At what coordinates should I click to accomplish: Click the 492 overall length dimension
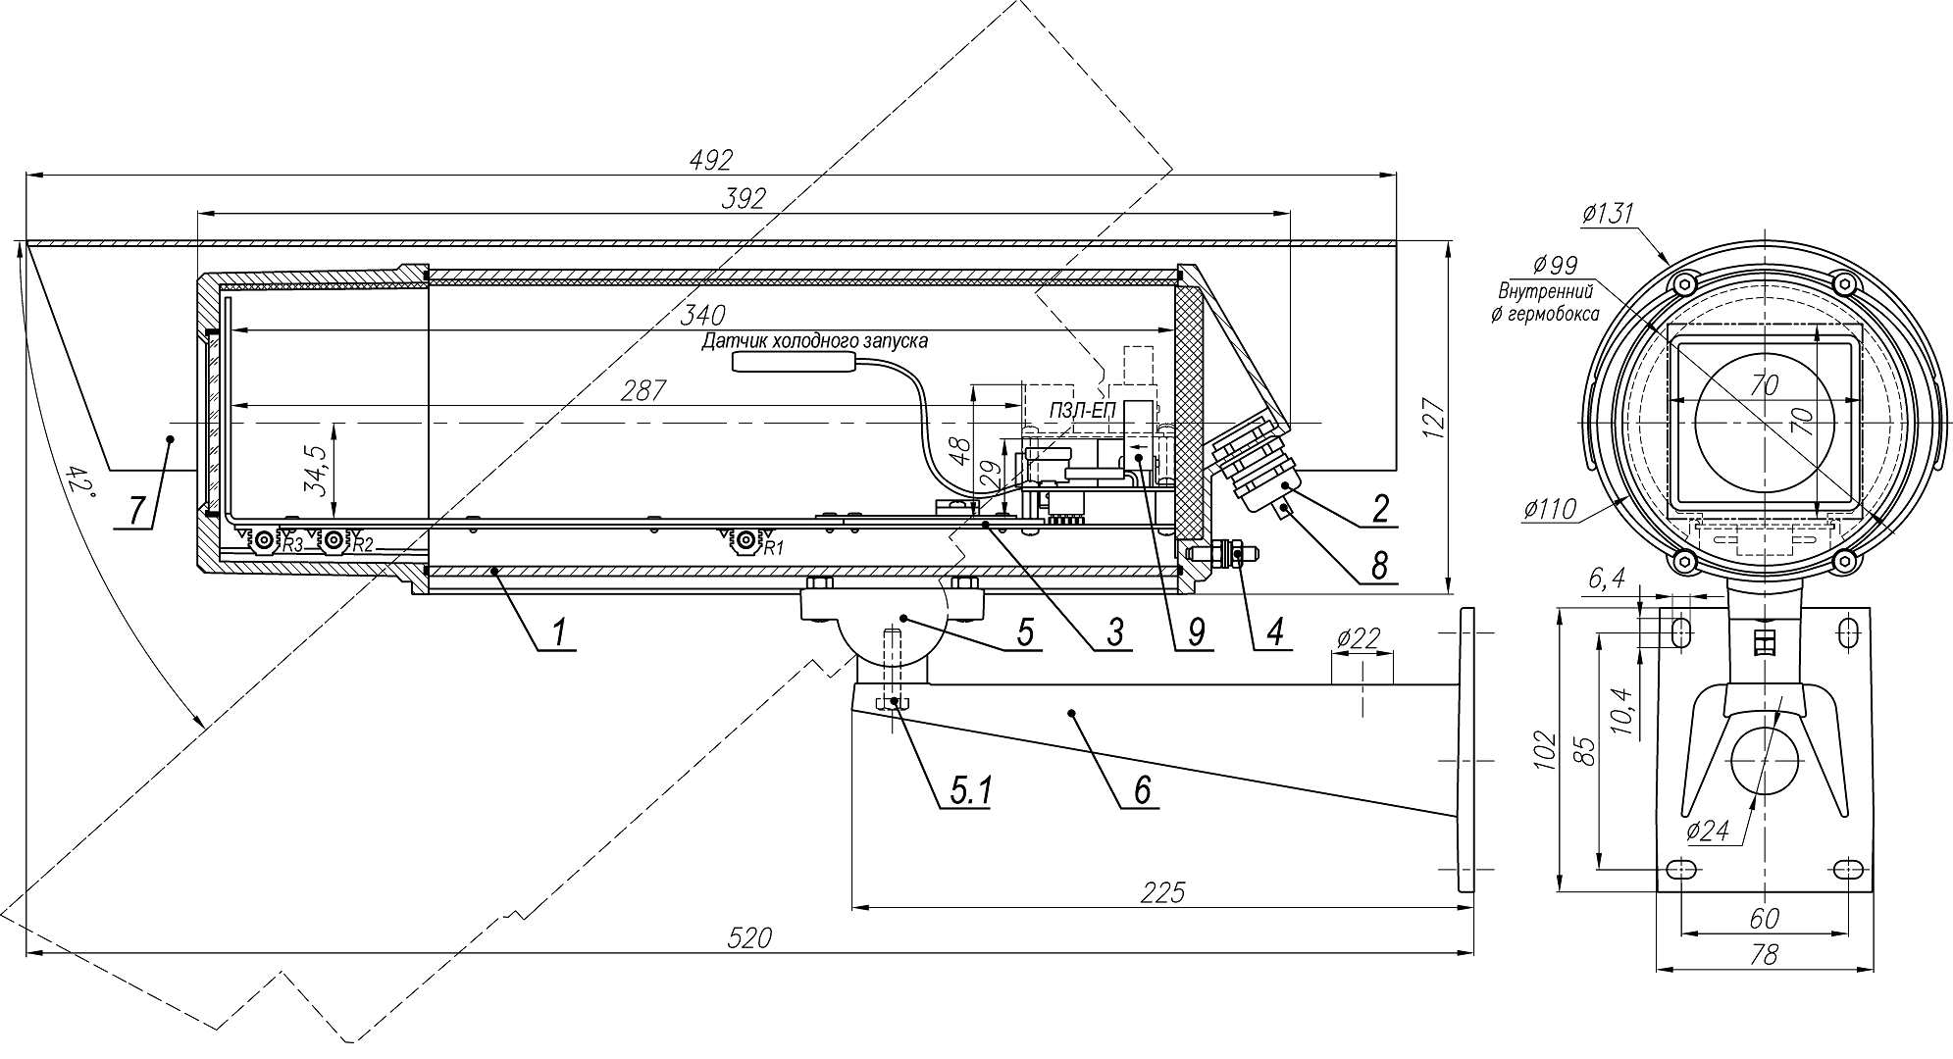711,159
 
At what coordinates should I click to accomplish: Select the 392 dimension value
743,198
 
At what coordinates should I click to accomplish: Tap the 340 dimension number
703,316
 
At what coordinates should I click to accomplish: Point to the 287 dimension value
643,390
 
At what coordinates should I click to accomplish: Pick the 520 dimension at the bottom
750,938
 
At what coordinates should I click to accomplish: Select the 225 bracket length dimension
1163,892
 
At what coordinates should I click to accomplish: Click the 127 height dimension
1433,420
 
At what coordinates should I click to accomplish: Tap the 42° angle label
78,483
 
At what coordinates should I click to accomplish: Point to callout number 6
1142,790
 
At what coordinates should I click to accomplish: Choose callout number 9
1196,632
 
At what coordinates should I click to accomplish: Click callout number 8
1380,566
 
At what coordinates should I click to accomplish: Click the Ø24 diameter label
1708,831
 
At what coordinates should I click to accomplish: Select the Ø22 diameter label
1358,639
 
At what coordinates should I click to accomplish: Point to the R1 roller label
773,547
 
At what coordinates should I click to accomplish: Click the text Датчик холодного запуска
814,341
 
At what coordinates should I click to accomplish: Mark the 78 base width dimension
1764,955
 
